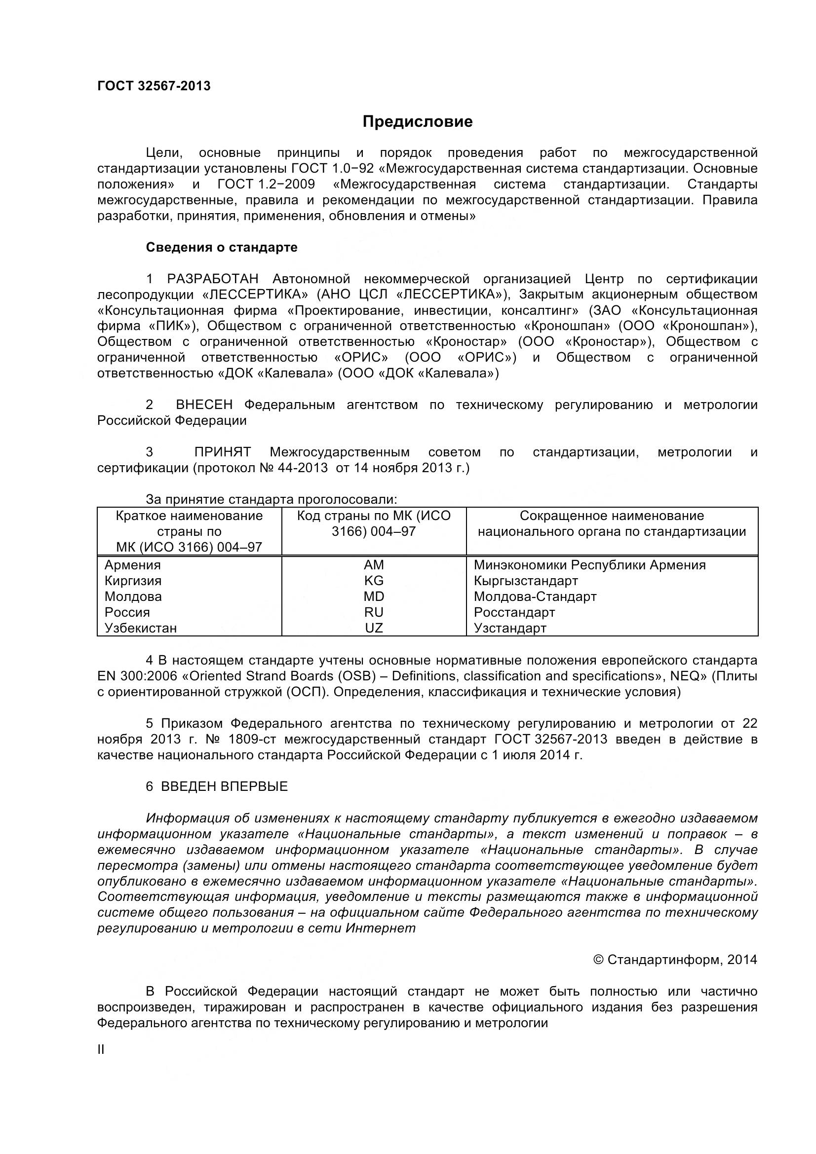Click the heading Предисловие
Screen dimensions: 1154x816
coord(417,122)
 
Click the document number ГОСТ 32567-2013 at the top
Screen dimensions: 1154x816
coord(154,86)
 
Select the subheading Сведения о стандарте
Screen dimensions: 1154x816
coord(221,247)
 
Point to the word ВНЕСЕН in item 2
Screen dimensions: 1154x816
coord(204,405)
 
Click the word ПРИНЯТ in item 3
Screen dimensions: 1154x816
coord(222,452)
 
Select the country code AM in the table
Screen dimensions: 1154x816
coord(374,565)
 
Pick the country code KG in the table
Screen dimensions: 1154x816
coord(374,581)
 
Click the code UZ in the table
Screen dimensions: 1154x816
coord(374,628)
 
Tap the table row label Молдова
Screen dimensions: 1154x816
coord(133,596)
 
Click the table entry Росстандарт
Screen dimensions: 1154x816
coord(514,612)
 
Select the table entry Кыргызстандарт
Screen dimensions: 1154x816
coord(525,581)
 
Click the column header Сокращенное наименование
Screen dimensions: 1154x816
coord(611,516)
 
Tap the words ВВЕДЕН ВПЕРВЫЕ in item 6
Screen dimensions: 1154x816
coord(224,786)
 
